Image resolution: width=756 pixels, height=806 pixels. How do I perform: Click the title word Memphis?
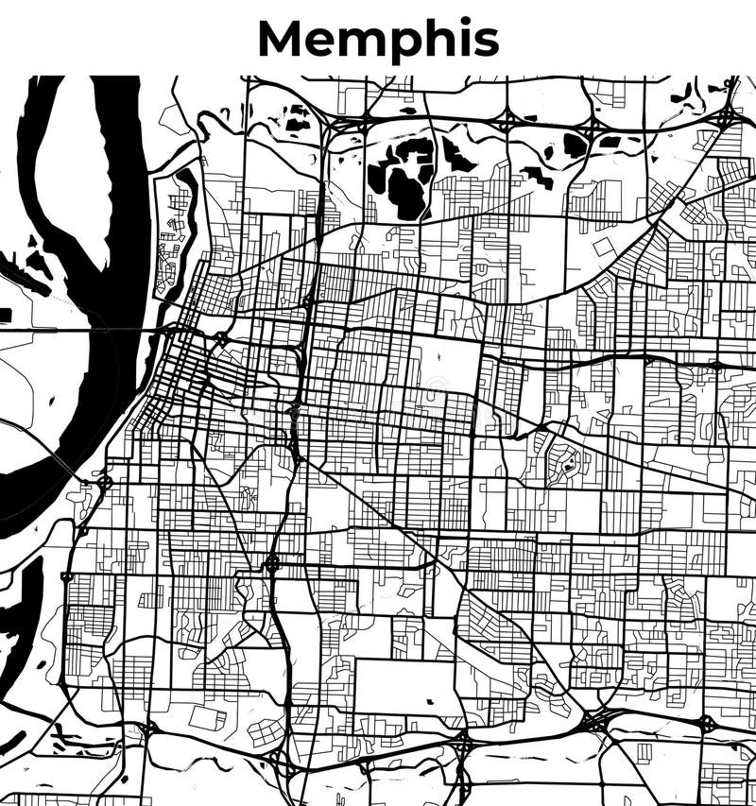[x=378, y=40]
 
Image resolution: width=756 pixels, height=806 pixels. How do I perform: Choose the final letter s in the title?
[x=487, y=43]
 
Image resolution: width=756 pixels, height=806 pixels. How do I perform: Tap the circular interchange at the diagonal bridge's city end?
[x=104, y=483]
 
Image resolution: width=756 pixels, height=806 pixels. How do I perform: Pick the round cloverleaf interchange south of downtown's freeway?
[x=272, y=565]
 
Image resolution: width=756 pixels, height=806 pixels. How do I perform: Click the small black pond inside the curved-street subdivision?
[x=569, y=464]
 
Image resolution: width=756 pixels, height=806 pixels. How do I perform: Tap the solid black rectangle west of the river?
[x=5, y=315]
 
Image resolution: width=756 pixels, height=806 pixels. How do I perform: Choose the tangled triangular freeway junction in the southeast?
[x=595, y=723]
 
